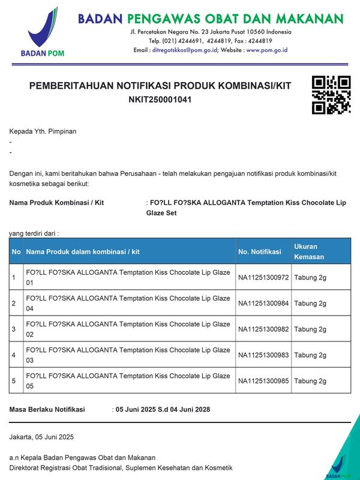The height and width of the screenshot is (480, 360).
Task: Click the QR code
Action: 331,95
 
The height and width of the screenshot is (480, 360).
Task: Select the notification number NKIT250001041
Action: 160,100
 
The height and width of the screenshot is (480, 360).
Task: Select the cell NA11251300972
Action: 263,278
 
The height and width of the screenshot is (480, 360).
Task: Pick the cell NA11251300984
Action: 263,304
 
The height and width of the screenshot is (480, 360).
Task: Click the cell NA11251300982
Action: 263,329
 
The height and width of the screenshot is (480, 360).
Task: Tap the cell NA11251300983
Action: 263,355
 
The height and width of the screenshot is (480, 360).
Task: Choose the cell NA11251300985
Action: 263,381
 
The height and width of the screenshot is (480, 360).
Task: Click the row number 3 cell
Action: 14,329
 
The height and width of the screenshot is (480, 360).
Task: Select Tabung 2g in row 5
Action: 310,381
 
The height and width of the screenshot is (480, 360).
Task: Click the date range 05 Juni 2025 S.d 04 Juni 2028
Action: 163,410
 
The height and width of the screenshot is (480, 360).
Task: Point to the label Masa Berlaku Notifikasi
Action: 47,410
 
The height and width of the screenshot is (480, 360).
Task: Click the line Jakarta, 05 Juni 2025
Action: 42,437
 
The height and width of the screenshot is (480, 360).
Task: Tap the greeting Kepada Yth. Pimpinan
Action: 43,131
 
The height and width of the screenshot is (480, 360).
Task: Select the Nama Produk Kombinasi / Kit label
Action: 56,203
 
